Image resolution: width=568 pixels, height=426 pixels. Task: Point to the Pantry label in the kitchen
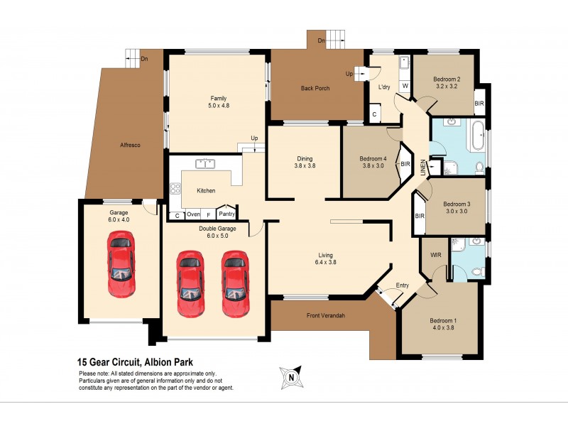coord(226,214)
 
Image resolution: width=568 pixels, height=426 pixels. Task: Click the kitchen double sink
coord(207,164)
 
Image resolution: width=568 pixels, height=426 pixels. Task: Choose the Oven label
coord(193,214)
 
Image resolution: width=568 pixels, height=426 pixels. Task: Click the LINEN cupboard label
coord(424,168)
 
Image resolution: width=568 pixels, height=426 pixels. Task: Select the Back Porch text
coord(315,89)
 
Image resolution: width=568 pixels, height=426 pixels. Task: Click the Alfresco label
coord(130,145)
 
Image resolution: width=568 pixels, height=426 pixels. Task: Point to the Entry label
coord(403,285)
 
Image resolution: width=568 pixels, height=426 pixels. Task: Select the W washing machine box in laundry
coord(405,86)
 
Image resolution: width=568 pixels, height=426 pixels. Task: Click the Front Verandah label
coord(325,315)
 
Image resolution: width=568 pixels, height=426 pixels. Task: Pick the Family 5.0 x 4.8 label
coord(218,102)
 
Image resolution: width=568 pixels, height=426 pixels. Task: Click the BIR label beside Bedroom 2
coord(479,103)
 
